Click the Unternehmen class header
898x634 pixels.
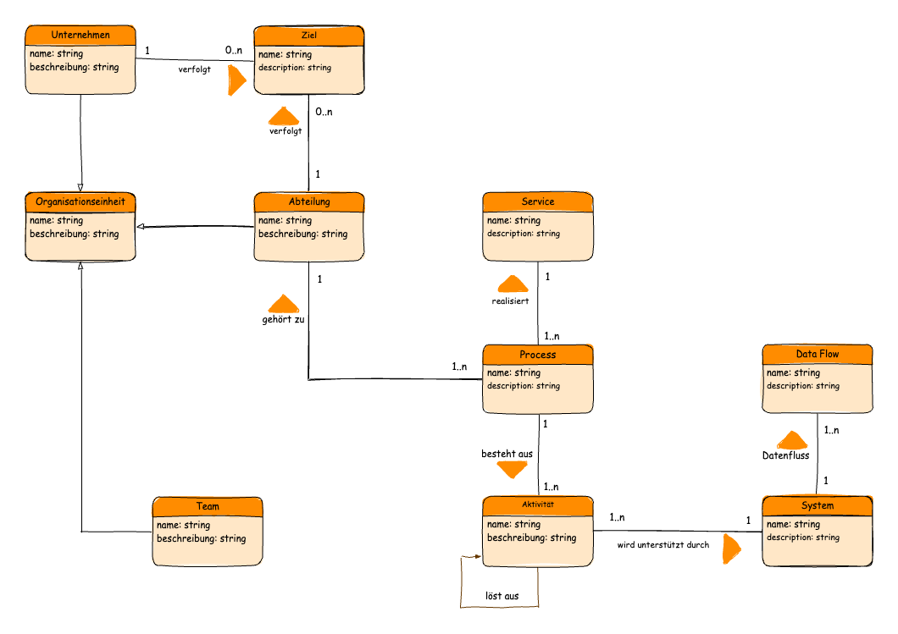point(80,35)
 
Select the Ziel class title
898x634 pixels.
point(308,35)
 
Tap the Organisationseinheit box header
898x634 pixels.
point(80,201)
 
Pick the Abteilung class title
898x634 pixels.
point(308,201)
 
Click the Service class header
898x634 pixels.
point(537,201)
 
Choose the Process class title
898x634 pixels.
point(537,354)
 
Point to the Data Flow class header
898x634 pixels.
point(817,354)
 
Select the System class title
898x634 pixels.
point(817,505)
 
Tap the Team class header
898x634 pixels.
point(207,506)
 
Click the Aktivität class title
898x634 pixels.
point(537,505)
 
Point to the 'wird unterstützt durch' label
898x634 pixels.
point(662,545)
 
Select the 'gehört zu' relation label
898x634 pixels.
point(283,320)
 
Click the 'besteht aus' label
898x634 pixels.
point(507,455)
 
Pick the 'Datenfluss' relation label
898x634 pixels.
point(785,455)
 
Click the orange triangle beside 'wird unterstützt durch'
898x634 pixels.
point(730,549)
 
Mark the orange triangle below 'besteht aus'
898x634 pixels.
point(512,469)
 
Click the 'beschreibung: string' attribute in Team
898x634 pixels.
point(202,538)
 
